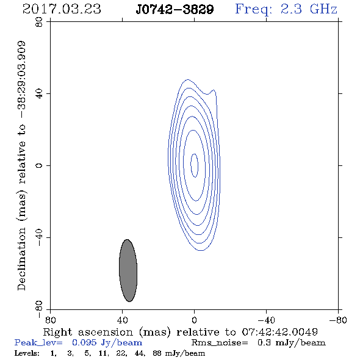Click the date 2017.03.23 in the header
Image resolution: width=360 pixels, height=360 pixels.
(62, 9)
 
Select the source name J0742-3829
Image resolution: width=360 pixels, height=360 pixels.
(175, 10)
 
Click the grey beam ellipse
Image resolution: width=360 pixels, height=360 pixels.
(128, 270)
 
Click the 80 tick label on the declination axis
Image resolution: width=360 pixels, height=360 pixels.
(39, 22)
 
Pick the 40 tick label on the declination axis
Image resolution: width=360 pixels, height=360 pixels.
(39, 94)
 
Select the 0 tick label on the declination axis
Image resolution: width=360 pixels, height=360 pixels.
(39, 165)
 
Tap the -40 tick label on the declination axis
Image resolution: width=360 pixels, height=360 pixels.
(39, 237)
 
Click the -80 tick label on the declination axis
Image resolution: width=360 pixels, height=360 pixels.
(39, 309)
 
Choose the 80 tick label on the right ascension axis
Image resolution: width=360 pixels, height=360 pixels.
(50, 320)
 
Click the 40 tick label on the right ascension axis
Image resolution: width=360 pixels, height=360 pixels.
(122, 320)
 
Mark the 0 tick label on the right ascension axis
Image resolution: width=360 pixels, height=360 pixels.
(194, 320)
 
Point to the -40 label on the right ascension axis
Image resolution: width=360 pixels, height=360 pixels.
(266, 320)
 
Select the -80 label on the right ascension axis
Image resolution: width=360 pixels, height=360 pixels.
(338, 320)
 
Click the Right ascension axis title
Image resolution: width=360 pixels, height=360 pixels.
(181, 332)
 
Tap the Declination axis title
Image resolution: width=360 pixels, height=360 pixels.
(21, 165)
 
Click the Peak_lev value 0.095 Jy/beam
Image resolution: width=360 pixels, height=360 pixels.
(107, 343)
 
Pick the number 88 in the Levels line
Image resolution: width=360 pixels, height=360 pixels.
(157, 353)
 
